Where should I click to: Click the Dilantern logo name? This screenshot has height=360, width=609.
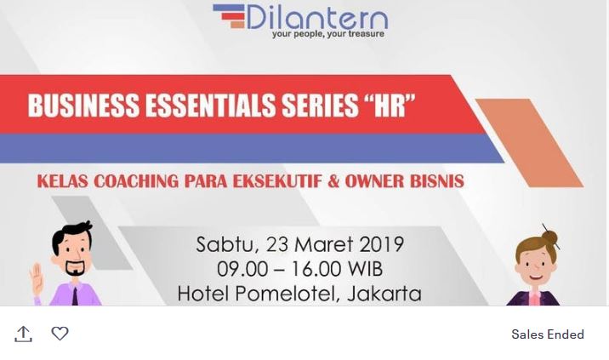[x=317, y=17]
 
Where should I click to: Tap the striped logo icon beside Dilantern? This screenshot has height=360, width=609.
[x=229, y=16]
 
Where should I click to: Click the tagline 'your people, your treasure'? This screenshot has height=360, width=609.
[x=328, y=34]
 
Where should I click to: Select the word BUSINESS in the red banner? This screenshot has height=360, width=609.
[x=83, y=106]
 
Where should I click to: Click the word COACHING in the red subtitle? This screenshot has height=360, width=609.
[x=136, y=181]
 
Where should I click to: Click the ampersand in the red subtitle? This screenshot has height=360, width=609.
[x=333, y=181]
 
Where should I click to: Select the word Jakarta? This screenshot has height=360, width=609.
[x=384, y=294]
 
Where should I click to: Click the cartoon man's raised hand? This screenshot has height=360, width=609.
[x=36, y=279]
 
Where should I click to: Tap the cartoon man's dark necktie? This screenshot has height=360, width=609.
[x=75, y=296]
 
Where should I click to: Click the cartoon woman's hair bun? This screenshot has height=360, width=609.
[x=549, y=237]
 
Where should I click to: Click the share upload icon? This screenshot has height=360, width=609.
[x=23, y=334]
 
